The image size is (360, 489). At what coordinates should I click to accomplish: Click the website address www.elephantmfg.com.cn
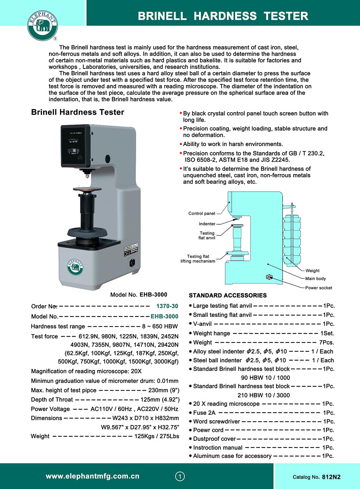(93, 476)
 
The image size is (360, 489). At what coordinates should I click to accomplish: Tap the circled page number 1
(180, 476)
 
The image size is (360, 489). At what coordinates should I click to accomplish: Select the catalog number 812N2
(331, 477)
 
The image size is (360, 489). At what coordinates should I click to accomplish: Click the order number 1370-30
(167, 306)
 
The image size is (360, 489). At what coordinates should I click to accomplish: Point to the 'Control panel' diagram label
(202, 214)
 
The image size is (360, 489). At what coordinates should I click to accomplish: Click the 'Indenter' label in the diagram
(207, 224)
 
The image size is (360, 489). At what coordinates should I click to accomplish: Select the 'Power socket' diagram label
(318, 288)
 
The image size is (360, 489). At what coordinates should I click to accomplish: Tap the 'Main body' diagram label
(315, 279)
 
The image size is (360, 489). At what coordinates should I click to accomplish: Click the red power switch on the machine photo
(132, 262)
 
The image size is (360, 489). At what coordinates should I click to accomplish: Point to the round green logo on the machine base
(76, 267)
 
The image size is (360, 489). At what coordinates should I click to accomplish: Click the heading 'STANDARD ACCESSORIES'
(228, 295)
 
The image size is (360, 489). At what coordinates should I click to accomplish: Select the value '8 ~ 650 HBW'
(160, 326)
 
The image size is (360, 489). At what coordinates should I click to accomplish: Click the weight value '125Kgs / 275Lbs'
(157, 436)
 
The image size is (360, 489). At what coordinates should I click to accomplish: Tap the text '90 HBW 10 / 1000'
(265, 378)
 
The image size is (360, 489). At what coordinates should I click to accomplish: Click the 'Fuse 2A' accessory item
(204, 413)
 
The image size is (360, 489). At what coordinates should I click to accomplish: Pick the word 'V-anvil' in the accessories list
(202, 324)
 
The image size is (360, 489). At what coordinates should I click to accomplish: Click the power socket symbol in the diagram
(269, 277)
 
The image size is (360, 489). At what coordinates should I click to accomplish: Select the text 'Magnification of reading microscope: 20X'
(86, 371)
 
